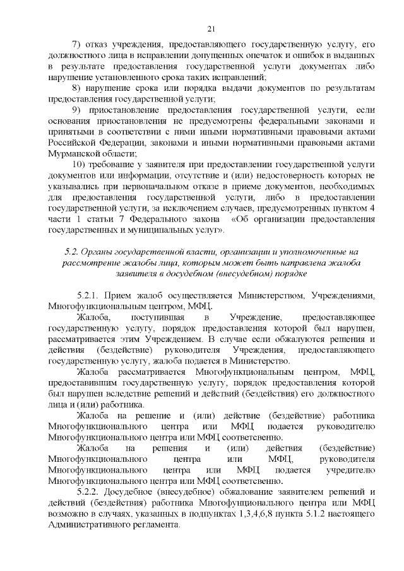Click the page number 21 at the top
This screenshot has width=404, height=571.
click(x=211, y=28)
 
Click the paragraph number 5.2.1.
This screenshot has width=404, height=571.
click(x=88, y=296)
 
